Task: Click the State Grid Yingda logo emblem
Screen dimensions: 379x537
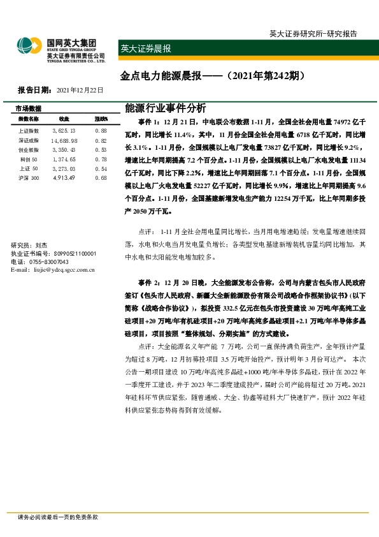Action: coord(30,46)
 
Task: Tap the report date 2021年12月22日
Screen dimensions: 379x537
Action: coord(80,90)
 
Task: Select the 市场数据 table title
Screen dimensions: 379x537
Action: coord(28,108)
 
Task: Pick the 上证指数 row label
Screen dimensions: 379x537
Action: coord(29,130)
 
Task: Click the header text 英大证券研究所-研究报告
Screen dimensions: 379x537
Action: coord(313,34)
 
